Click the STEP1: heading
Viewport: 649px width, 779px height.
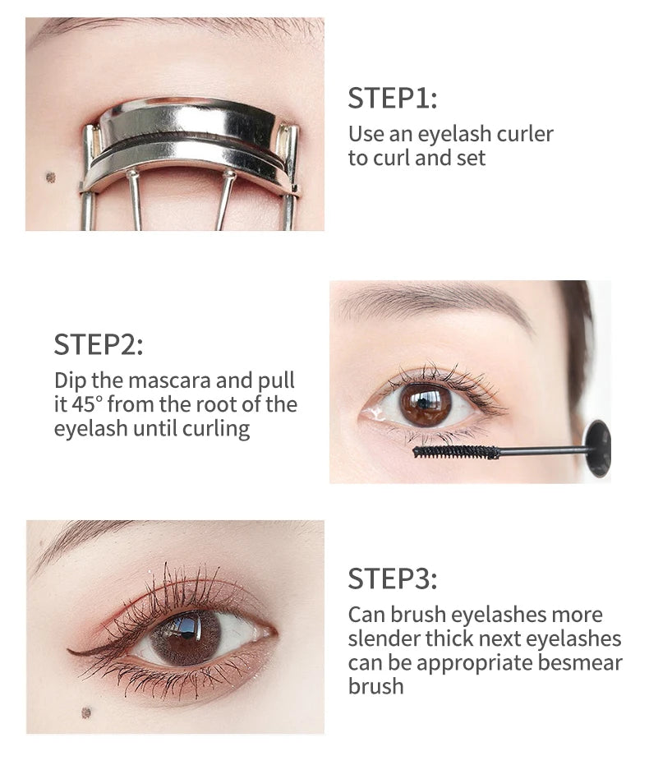point(392,98)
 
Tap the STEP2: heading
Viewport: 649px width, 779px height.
point(99,343)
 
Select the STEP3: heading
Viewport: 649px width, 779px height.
point(392,578)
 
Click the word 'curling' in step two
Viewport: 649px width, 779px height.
point(219,429)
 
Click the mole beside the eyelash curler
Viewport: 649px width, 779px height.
point(50,177)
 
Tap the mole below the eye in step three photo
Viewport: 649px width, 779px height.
point(85,712)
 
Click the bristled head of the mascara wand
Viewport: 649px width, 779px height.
point(456,451)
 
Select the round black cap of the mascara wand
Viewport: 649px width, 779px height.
point(597,448)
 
